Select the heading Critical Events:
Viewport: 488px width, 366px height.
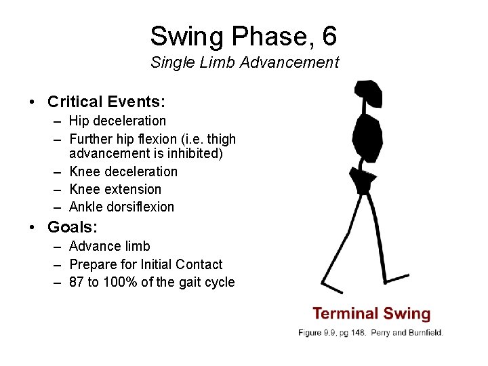106,102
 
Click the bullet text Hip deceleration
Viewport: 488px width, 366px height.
117,121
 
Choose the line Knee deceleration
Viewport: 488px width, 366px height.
123,171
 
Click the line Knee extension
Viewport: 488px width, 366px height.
115,189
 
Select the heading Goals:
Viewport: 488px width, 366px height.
75,226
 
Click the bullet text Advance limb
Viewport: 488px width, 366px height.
110,246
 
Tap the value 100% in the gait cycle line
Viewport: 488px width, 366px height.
121,282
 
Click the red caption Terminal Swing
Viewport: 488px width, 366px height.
371,314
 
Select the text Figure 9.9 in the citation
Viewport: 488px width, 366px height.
317,333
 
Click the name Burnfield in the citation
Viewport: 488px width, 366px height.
424,333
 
